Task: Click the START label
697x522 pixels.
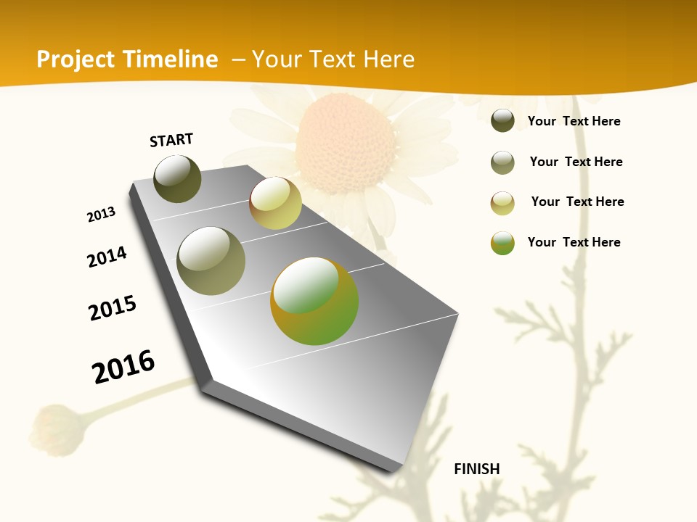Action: [x=171, y=140]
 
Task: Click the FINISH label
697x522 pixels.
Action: [x=476, y=469]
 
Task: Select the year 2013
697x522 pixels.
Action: [x=101, y=215]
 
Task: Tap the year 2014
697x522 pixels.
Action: [x=107, y=257]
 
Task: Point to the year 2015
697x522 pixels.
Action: [x=113, y=308]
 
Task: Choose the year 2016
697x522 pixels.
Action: [x=123, y=366]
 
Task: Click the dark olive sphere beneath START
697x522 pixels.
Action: [x=177, y=178]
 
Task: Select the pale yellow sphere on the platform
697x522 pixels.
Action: [x=275, y=203]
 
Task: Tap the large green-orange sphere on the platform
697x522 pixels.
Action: [x=314, y=301]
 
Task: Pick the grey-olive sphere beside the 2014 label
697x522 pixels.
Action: [x=211, y=261]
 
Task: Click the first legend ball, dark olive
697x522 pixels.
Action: [x=502, y=120]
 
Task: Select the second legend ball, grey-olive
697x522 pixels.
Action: [x=502, y=162]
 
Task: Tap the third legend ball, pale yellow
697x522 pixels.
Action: [x=502, y=203]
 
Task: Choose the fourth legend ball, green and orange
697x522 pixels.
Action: [x=502, y=243]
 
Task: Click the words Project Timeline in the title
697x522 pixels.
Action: [x=127, y=59]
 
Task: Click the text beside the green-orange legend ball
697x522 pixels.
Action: [x=574, y=242]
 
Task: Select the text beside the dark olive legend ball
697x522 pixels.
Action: [x=574, y=121]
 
